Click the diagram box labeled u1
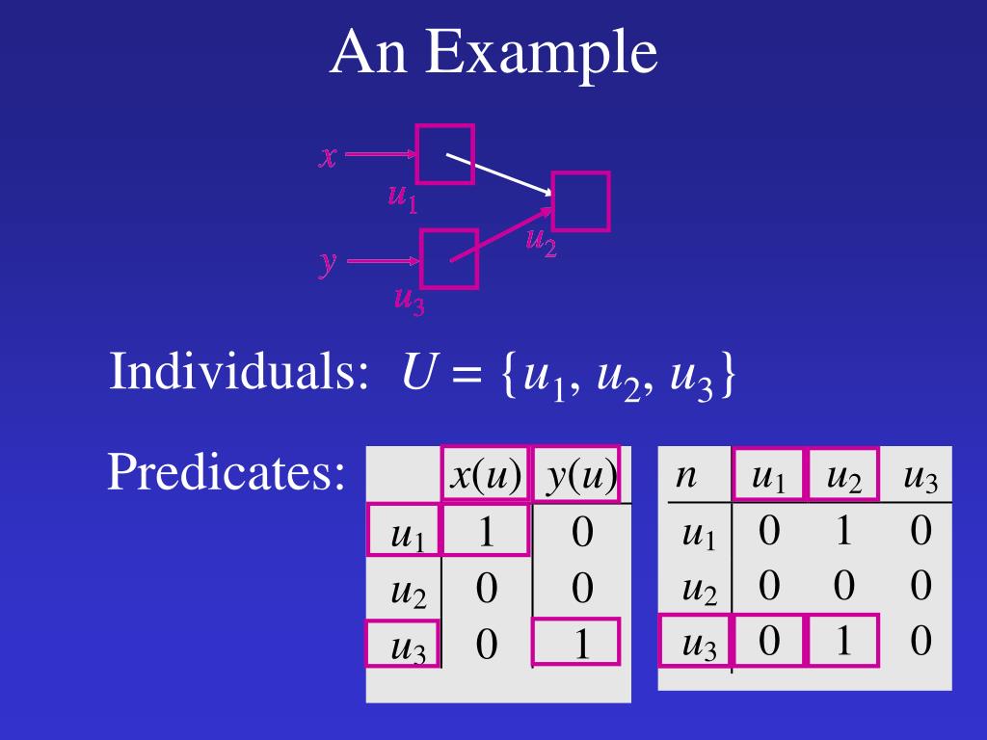444,154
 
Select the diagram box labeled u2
580,201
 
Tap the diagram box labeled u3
449,259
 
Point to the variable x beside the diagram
328,156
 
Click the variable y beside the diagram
329,262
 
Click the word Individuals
239,372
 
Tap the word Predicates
227,472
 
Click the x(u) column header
486,474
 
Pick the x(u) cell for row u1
486,531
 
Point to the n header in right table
685,475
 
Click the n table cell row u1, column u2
843,531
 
